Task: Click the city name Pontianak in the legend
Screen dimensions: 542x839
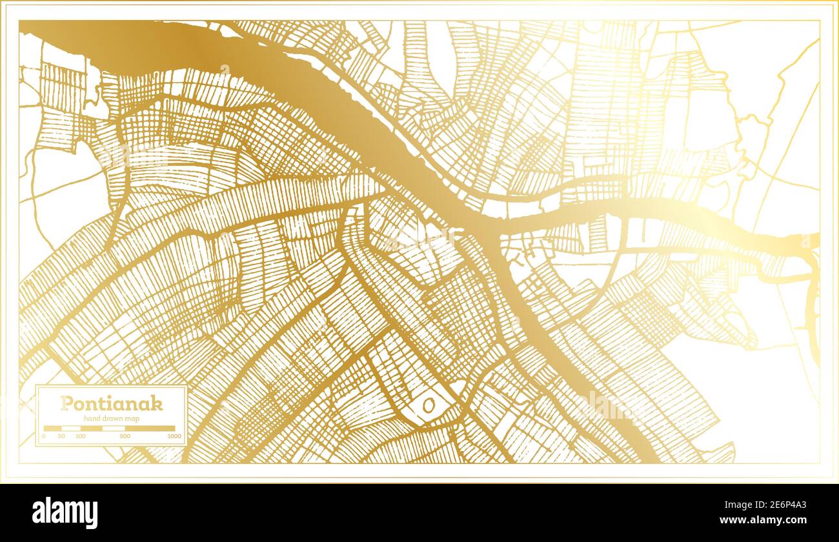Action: pos(111,404)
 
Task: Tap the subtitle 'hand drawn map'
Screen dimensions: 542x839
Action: pos(111,419)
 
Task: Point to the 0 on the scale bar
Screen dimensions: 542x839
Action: pos(44,437)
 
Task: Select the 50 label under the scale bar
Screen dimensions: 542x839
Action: pos(61,437)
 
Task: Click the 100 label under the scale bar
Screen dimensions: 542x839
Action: pos(80,437)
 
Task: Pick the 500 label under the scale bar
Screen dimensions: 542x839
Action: pos(125,437)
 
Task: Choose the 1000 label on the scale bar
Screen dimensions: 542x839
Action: pos(174,437)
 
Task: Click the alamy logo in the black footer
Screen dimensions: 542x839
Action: pos(65,513)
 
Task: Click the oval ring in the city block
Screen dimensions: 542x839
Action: pos(429,405)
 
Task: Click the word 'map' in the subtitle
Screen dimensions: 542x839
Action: pos(133,419)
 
